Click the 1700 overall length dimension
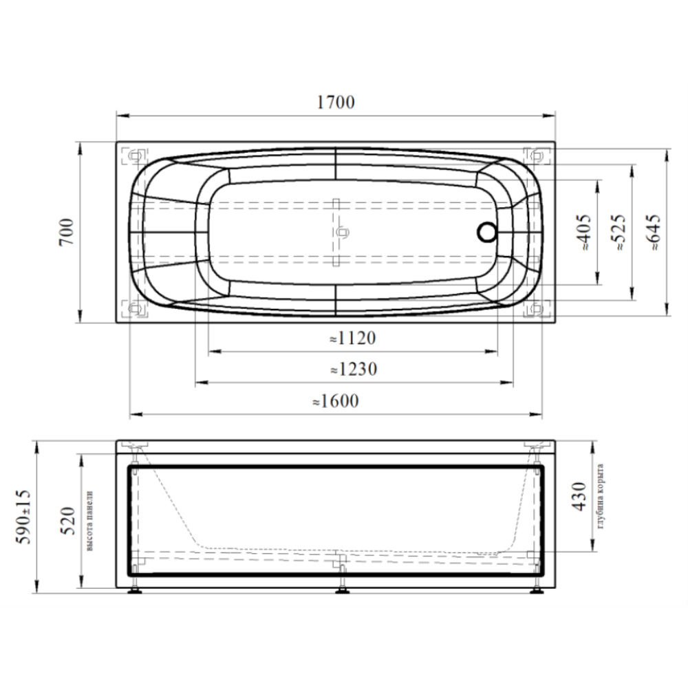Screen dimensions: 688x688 [x=336, y=103]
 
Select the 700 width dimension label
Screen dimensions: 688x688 [x=67, y=232]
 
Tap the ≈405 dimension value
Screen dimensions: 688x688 [x=584, y=232]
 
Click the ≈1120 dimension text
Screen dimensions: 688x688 [x=353, y=338]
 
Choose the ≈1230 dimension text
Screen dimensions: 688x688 [x=354, y=369]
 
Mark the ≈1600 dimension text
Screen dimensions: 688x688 [x=336, y=401]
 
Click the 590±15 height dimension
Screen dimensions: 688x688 [x=23, y=517]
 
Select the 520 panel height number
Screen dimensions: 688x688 [x=67, y=521]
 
